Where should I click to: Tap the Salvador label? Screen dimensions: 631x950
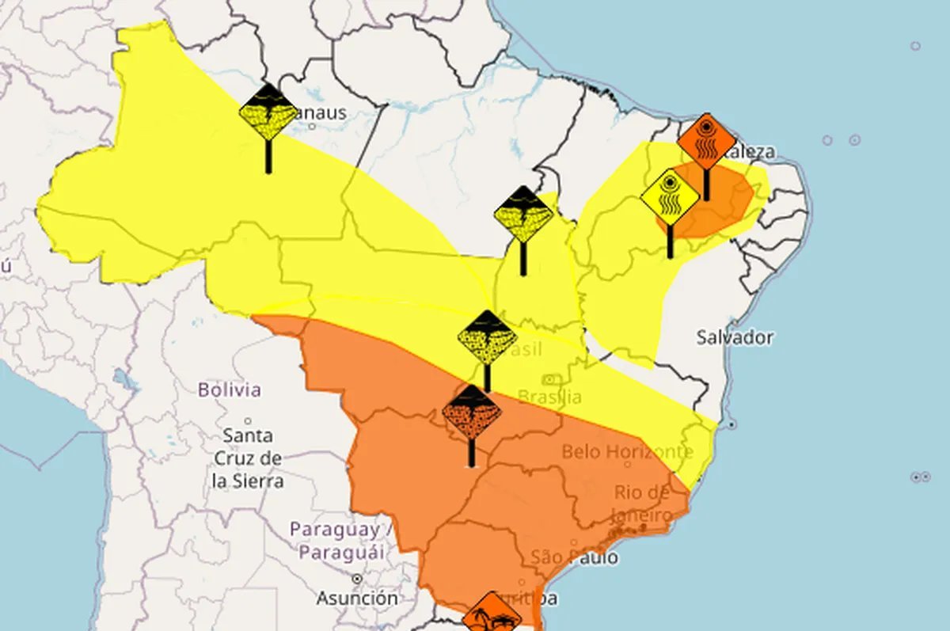pyautogui.click(x=735, y=337)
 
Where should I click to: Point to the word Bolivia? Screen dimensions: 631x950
pyautogui.click(x=229, y=390)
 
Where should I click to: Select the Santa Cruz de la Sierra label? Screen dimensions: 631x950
pyautogui.click(x=249, y=458)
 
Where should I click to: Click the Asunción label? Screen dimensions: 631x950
pyautogui.click(x=357, y=597)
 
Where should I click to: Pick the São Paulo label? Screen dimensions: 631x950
pyautogui.click(x=575, y=557)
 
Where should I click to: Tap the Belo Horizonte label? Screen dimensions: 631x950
pyautogui.click(x=627, y=452)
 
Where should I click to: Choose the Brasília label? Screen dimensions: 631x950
pyautogui.click(x=549, y=397)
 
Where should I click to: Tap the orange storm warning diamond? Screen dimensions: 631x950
pyautogui.click(x=472, y=414)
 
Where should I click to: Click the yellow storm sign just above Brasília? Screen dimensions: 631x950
pyautogui.click(x=487, y=338)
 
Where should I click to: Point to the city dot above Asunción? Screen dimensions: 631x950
pyautogui.click(x=357, y=579)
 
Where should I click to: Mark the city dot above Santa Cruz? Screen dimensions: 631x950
pyautogui.click(x=248, y=420)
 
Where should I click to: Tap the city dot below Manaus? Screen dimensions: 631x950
pyautogui.click(x=312, y=126)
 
